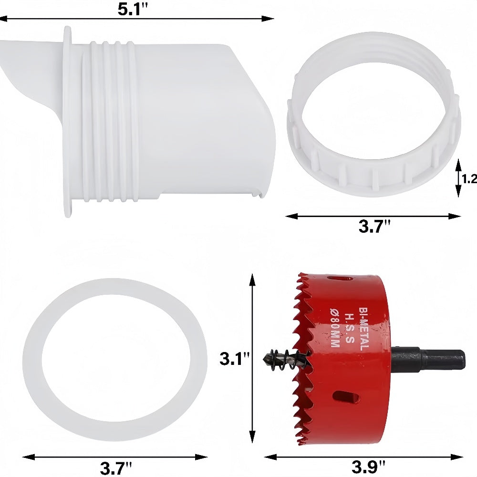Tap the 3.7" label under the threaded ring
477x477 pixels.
[374, 227]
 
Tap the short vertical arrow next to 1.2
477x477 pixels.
[458, 178]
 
